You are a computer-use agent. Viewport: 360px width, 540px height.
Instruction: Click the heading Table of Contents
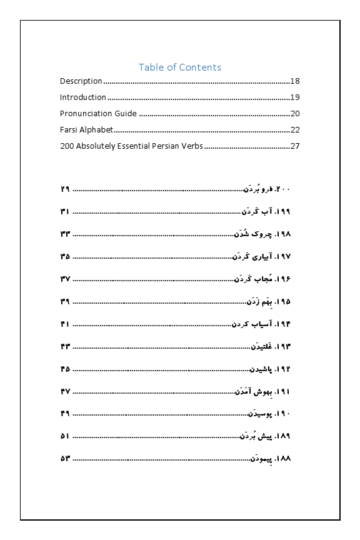[x=179, y=67]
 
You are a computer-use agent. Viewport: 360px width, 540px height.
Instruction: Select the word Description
[x=81, y=81]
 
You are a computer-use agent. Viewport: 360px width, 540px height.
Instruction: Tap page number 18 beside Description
[x=296, y=81]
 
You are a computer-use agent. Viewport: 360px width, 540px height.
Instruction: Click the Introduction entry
[x=83, y=97]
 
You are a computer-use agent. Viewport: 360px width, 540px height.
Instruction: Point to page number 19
[x=296, y=97]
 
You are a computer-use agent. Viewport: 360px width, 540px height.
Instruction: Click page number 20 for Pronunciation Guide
[x=296, y=114]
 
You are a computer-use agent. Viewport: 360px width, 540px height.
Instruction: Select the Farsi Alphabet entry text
[x=87, y=130]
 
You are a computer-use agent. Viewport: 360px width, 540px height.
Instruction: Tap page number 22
[x=296, y=130]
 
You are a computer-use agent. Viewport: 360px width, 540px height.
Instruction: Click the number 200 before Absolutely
[x=67, y=147]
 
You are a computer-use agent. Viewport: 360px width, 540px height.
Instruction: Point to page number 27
[x=296, y=147]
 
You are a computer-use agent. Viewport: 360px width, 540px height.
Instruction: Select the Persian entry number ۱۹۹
[x=283, y=212]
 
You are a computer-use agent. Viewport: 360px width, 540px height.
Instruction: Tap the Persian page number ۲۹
[x=65, y=189]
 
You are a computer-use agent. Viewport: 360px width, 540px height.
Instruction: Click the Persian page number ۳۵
[x=65, y=257]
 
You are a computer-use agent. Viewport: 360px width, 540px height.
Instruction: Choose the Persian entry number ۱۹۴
[x=283, y=324]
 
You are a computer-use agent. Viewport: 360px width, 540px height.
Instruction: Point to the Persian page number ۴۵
[x=65, y=369]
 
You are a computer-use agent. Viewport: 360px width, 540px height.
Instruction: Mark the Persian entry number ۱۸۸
[x=283, y=459]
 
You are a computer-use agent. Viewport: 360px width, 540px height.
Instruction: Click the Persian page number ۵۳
[x=65, y=459]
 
